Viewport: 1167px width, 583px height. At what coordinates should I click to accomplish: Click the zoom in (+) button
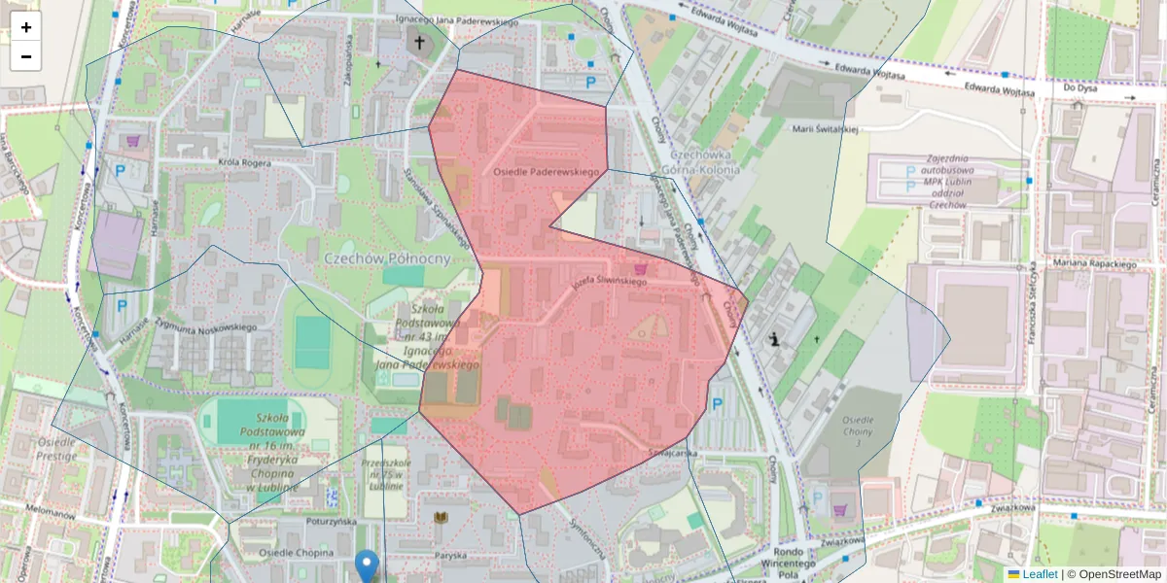pos(26,27)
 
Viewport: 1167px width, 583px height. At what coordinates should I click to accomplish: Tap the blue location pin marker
pos(367,565)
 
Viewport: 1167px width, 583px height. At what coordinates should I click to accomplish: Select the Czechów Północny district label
pos(387,258)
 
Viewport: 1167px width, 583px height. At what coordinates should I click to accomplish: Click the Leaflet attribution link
pos(1040,574)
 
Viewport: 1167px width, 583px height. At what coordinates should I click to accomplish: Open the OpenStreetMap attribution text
pos(1114,574)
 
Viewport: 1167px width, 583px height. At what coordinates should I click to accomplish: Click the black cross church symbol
pos(420,43)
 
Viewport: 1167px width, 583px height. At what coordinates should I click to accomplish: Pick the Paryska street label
pos(450,556)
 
